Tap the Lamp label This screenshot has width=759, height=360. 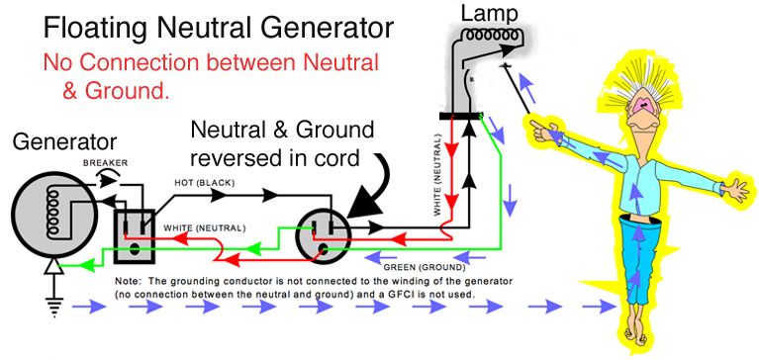[x=489, y=14]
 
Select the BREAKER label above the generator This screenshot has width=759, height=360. [x=105, y=163]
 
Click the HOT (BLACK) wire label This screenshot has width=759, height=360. [x=204, y=183]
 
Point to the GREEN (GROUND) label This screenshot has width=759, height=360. [x=425, y=268]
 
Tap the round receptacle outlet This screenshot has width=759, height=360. [x=323, y=236]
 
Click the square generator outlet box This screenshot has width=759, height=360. [x=134, y=236]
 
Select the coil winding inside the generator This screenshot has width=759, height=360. [x=51, y=213]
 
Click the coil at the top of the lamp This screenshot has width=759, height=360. [x=491, y=36]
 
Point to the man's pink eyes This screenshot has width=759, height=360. [x=644, y=105]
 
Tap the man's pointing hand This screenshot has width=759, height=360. [x=541, y=130]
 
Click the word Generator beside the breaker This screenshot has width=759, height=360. [x=64, y=141]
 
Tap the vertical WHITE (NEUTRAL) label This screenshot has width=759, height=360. [x=437, y=175]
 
